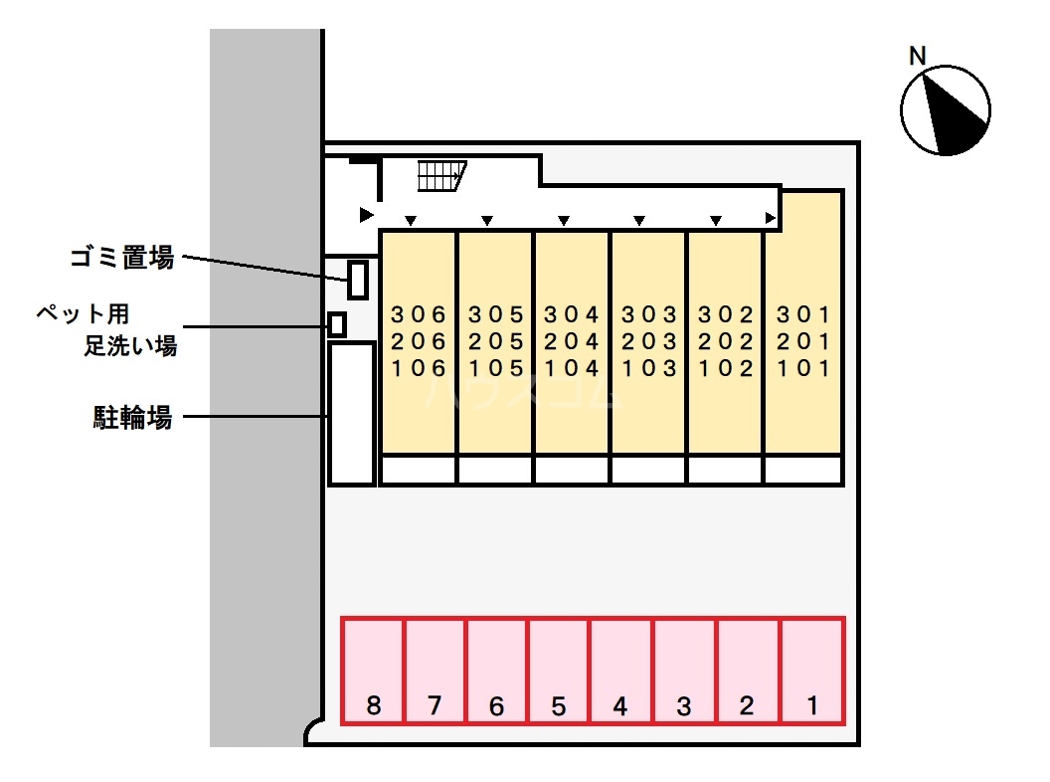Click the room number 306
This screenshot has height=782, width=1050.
pyautogui.click(x=418, y=315)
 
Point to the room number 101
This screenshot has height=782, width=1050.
pyautogui.click(x=802, y=369)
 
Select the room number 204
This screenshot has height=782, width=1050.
pyautogui.click(x=572, y=342)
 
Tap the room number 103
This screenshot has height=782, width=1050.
pyautogui.click(x=648, y=369)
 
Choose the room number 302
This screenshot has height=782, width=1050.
pyautogui.click(x=726, y=315)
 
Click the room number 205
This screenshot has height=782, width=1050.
pyautogui.click(x=495, y=342)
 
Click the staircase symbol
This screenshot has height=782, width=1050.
pyautogui.click(x=439, y=176)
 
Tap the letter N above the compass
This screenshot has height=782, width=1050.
pyautogui.click(x=918, y=56)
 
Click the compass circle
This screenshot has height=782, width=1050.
pyautogui.click(x=945, y=110)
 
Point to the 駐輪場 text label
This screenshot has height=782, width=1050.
pyautogui.click(x=132, y=418)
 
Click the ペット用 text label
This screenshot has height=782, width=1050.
pyautogui.click(x=84, y=315)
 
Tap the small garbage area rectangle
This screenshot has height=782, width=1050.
pyautogui.click(x=358, y=278)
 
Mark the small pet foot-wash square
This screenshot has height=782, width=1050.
pyautogui.click(x=338, y=324)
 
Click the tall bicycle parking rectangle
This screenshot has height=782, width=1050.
pyautogui.click(x=352, y=413)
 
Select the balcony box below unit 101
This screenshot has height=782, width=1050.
pyautogui.click(x=802, y=470)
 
